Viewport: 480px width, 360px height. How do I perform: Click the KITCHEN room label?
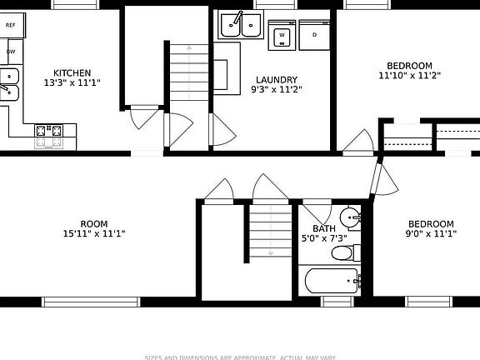[x=72, y=73]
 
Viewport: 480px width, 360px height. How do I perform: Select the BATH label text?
[x=324, y=229]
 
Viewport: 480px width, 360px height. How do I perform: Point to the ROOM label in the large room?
[x=93, y=223]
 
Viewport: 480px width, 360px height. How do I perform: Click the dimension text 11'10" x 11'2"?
[x=408, y=76]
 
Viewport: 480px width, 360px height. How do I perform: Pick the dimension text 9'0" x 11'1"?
[x=431, y=234]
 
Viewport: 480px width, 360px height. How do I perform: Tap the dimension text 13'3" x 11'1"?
[x=72, y=83]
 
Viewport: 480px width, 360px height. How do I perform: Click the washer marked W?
[x=282, y=36]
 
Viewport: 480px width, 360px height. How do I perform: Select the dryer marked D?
[x=314, y=35]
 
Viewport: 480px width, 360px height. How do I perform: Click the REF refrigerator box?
[x=11, y=26]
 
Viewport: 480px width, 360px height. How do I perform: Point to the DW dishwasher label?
[x=11, y=52]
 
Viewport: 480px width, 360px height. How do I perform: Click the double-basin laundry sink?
[x=239, y=26]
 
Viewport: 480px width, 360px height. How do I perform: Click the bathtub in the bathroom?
[x=332, y=281]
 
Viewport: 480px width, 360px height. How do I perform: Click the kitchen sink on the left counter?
[x=9, y=84]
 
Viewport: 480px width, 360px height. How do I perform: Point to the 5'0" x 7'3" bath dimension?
[x=324, y=239]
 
